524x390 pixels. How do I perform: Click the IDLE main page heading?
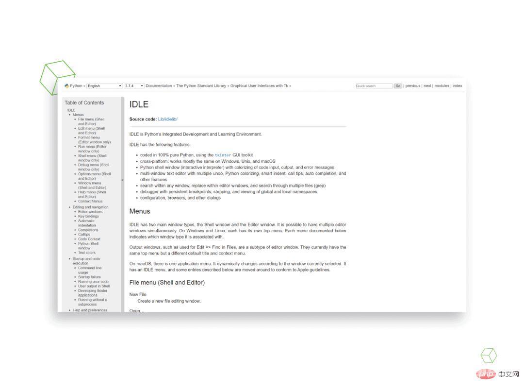139,104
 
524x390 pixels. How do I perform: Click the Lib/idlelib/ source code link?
168,119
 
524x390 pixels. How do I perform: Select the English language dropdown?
104,86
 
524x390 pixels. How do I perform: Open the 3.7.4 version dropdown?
134,86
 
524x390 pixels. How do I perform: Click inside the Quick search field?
374,86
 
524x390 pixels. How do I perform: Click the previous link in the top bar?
413,86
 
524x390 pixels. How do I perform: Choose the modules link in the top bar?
442,86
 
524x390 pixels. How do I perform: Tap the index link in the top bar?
457,86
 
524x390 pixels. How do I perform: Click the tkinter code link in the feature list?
223,155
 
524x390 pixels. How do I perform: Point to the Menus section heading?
140,211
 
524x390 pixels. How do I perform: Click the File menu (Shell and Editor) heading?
167,283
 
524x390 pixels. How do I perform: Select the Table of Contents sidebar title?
84,102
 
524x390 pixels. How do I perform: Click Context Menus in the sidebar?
90,201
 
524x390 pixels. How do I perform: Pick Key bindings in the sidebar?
88,216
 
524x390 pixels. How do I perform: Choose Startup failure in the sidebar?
89,277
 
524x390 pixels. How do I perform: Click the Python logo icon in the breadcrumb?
66,86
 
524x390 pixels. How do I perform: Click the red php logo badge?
486,374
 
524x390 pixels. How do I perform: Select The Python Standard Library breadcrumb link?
201,86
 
